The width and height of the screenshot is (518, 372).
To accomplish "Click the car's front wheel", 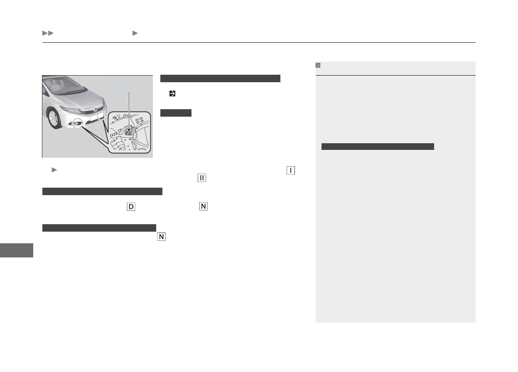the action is pos(54,119).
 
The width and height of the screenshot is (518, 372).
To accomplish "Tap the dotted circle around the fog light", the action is pos(77,123).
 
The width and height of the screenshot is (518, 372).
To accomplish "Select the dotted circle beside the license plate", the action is pos(101,116).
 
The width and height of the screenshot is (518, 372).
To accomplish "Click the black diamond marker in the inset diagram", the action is pos(129,130).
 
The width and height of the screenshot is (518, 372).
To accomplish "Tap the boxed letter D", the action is pos(131,207).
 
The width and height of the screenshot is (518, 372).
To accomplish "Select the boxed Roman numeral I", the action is pos(291,170).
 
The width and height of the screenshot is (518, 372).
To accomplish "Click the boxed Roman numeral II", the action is pos(201,178).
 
